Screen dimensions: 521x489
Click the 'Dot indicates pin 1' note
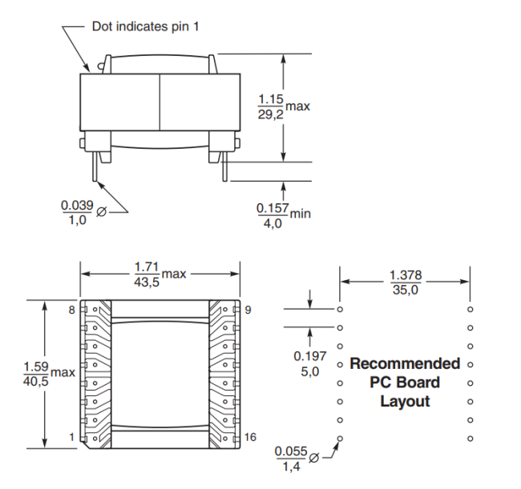tap(146, 26)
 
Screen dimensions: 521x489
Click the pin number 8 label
tap(72, 310)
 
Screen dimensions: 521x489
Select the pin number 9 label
tap(248, 310)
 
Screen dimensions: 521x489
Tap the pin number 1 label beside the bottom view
tap(71, 437)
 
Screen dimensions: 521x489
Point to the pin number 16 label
tap(250, 437)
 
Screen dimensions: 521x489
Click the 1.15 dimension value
tap(271, 99)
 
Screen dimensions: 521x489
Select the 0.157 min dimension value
tap(273, 208)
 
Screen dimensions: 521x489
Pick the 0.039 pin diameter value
tap(77, 206)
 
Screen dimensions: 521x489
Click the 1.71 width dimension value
tap(147, 267)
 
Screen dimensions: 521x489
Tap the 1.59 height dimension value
tap(36, 367)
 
